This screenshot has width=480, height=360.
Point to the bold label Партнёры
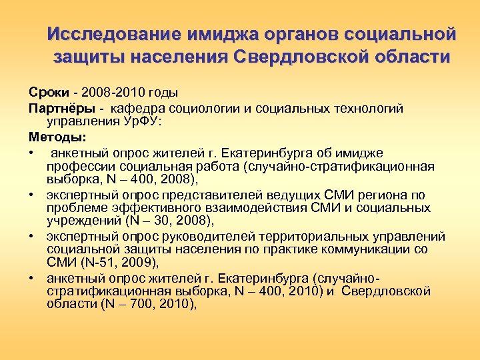pos(57,108)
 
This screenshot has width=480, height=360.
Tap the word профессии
pos(75,166)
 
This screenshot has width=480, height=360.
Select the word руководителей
pos(209,236)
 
